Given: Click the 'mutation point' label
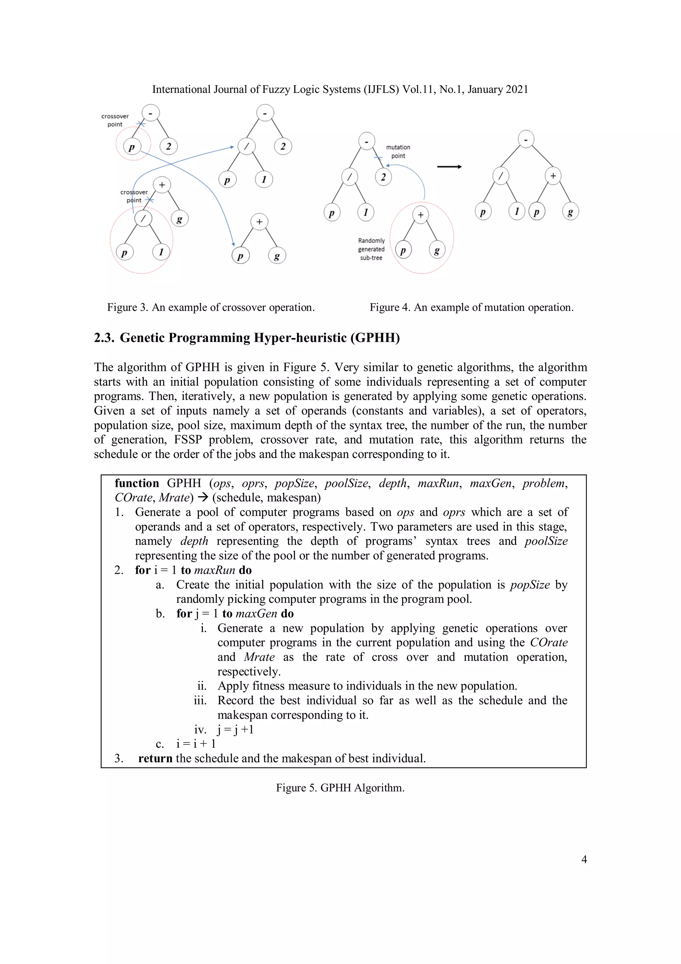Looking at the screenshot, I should pos(398,151).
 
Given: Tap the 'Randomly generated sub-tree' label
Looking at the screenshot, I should pos(371,249).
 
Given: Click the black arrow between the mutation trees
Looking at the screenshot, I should pos(449,167).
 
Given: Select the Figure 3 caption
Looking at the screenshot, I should pos(210,307).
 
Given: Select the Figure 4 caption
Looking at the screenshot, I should pos(471,307).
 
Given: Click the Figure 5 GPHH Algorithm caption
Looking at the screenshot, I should pos(340,788).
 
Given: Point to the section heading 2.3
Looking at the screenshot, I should pos(247,337).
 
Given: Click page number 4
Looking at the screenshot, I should pos(584,860).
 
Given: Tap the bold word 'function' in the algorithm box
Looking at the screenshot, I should pos(137,483).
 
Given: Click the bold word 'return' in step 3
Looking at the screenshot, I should pos(155,758).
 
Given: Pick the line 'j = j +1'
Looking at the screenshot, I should pos(235,729).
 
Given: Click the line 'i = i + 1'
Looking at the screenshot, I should pos(196,744).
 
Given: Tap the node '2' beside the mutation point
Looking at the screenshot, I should pos(383,177).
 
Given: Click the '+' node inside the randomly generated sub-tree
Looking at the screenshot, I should pos(420,215).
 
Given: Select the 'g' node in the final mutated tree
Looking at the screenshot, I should pos(570,212).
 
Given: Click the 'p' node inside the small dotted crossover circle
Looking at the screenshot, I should pos(132,147).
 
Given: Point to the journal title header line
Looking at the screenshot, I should pos(340,90).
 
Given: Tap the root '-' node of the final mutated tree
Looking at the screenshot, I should pos(526,139).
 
